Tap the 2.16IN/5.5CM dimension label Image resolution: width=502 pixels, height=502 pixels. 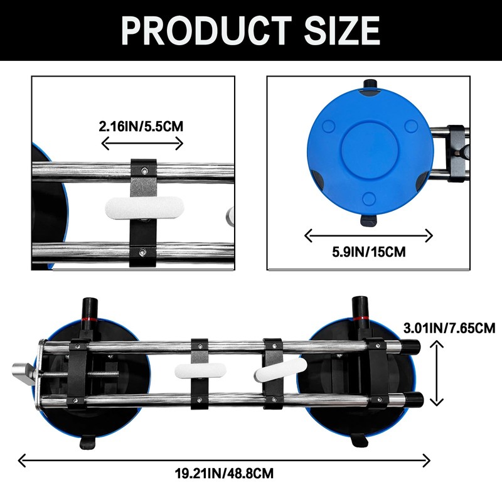point(141,125)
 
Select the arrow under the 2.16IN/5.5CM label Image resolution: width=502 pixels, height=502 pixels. point(142,144)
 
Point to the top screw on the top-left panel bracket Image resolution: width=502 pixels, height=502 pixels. point(144,169)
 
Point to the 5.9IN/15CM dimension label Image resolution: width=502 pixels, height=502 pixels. point(368,252)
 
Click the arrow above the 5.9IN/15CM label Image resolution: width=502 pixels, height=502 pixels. point(368,236)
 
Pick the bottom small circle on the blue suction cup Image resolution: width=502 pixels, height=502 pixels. point(370,198)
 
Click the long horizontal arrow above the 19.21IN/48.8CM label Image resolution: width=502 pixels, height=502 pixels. point(224,460)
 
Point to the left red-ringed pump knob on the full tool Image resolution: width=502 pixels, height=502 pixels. point(88,310)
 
